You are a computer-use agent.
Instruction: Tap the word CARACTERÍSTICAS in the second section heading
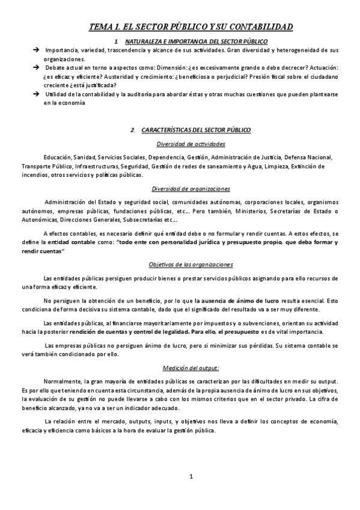[x=168, y=130]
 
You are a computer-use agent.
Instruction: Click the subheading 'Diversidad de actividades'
[x=191, y=144]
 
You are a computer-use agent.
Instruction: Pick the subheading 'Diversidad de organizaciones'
[x=191, y=189]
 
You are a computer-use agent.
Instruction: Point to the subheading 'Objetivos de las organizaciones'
[x=191, y=265]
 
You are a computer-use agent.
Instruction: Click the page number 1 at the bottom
[x=191, y=477]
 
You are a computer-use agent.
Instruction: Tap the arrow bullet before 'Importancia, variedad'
[x=37, y=50]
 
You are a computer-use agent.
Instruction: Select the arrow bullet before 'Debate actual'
[x=37, y=67]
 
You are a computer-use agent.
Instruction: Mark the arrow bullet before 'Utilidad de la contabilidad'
[x=37, y=94]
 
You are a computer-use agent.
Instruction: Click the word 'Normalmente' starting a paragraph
[x=62, y=382]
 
